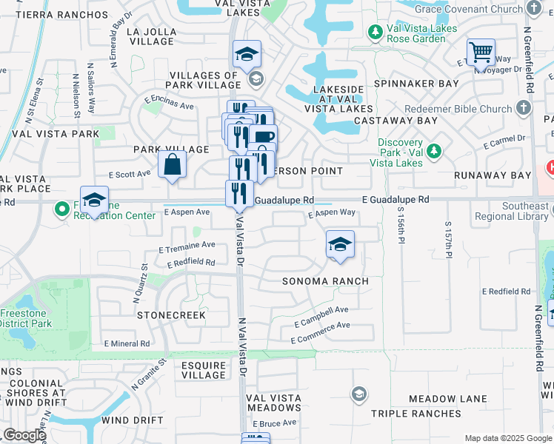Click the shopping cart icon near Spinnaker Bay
pyautogui.click(x=481, y=53)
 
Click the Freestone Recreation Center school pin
pyautogui.click(x=94, y=200)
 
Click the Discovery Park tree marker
pyautogui.click(x=434, y=151)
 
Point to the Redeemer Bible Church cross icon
pyautogui.click(x=523, y=109)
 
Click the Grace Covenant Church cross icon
pyautogui.click(x=535, y=8)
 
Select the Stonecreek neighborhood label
pyautogui.click(x=171, y=315)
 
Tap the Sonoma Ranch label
pyautogui.click(x=325, y=282)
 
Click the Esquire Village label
pyautogui.click(x=204, y=370)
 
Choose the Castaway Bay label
pyautogui.click(x=396, y=120)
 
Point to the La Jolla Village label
pyautogui.click(x=152, y=37)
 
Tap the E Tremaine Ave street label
pyautogui.click(x=187, y=245)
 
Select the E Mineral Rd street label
pyautogui.click(x=127, y=344)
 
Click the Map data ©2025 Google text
pyautogui.click(x=507, y=438)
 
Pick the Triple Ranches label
pyautogui.click(x=410, y=414)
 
